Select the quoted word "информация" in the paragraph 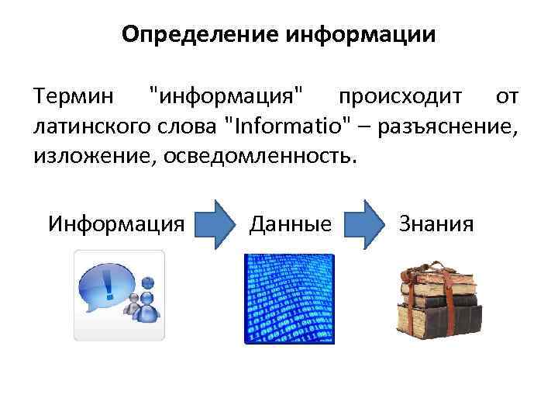pyautogui.click(x=226, y=99)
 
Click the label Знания pyautogui.click(x=436, y=224)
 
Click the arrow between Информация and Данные pyautogui.click(x=215, y=224)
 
